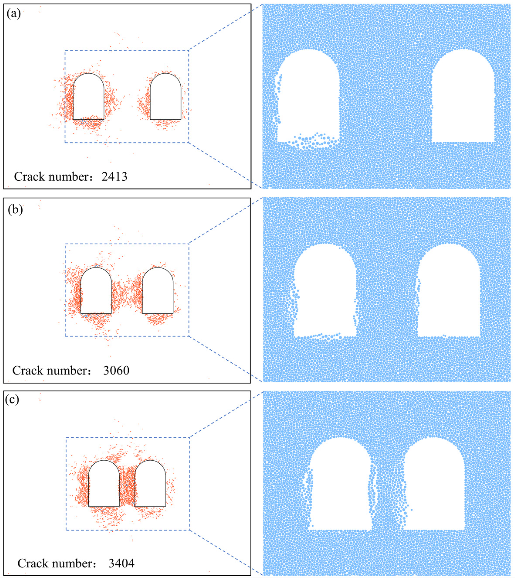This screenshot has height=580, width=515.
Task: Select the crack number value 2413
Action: point(114,177)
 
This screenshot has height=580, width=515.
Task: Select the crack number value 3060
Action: point(116,371)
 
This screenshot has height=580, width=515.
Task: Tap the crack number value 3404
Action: point(121,563)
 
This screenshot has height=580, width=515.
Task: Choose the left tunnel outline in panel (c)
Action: point(104,484)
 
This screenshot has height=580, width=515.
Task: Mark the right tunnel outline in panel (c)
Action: point(150,484)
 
